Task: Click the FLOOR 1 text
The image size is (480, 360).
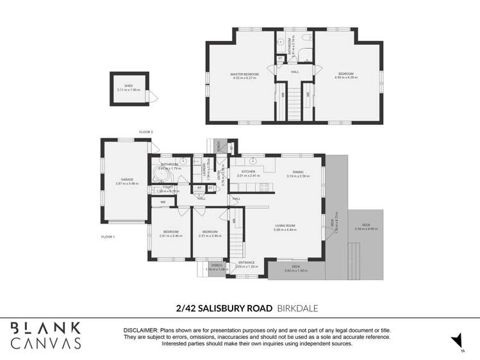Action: point(108,237)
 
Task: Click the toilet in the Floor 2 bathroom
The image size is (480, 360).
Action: point(281,42)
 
